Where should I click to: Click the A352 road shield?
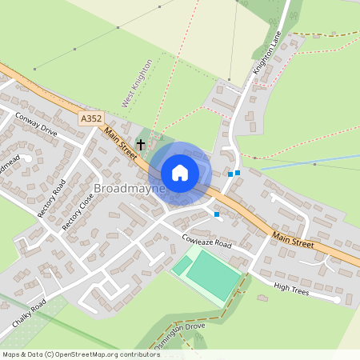coord(91,118)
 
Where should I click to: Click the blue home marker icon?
coord(180,172)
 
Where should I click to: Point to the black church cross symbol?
coord(141,145)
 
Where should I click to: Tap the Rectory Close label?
coord(73,211)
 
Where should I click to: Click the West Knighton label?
coord(137,83)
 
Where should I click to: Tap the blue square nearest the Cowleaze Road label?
coord(216,214)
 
